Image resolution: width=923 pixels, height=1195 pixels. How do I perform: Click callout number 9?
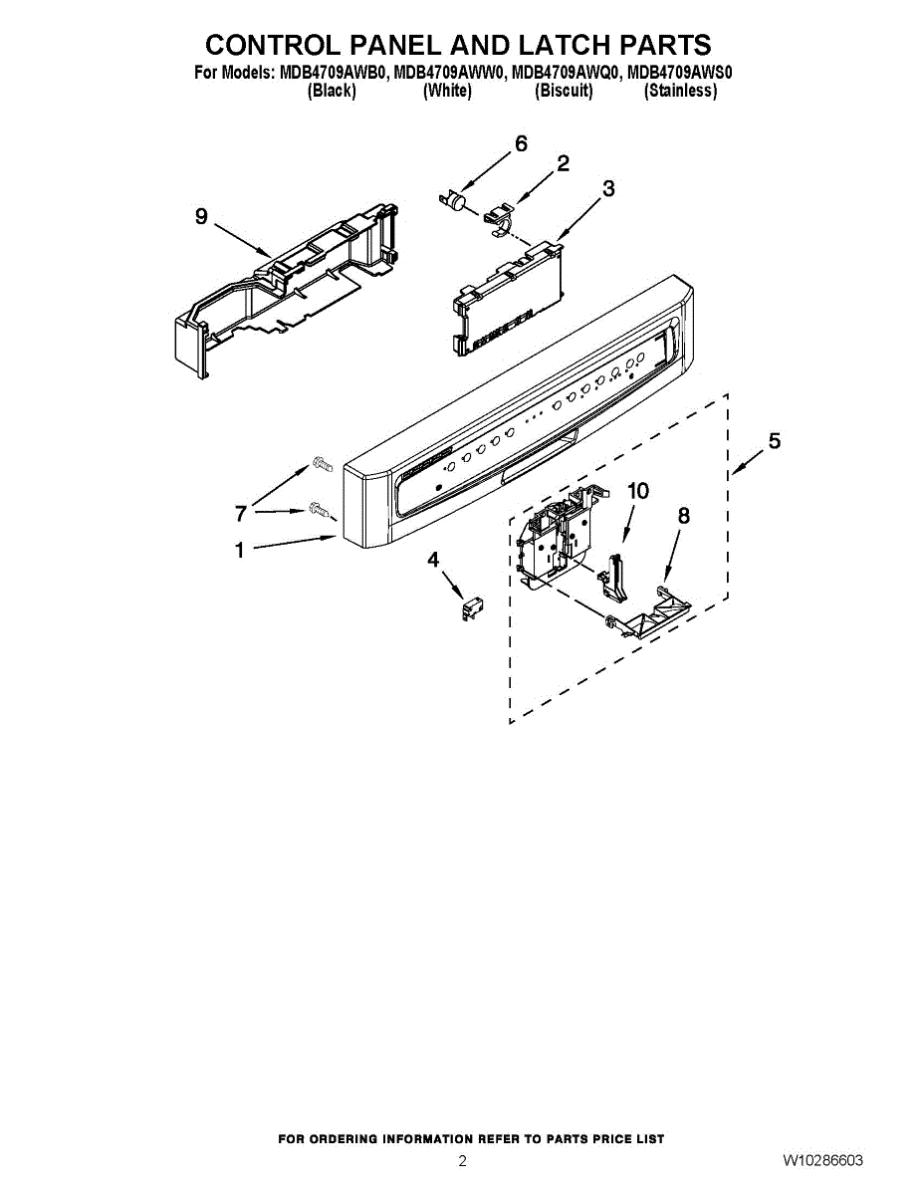coord(201,216)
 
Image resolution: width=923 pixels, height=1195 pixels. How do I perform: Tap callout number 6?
coord(521,143)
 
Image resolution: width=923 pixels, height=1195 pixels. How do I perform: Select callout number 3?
coord(608,187)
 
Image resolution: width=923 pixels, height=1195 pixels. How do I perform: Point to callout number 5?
coord(774,440)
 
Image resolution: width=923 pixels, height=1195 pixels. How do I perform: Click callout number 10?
coord(637,490)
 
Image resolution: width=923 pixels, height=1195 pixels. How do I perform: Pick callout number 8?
coord(683,515)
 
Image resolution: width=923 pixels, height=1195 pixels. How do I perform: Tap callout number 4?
coord(433,560)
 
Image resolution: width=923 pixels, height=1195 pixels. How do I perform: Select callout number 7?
coord(240,514)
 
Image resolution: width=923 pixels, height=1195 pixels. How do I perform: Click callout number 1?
coord(239,550)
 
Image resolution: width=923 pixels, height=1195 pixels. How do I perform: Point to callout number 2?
coord(563,163)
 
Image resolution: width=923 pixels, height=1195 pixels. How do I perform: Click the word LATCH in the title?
coord(530,45)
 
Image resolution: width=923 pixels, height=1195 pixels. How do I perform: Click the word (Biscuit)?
coord(564,91)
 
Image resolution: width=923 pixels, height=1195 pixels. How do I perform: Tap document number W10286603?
coord(822,1161)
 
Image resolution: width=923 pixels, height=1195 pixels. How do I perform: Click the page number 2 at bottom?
coord(462,1161)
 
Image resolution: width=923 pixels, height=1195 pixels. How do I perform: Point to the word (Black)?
coord(332,91)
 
